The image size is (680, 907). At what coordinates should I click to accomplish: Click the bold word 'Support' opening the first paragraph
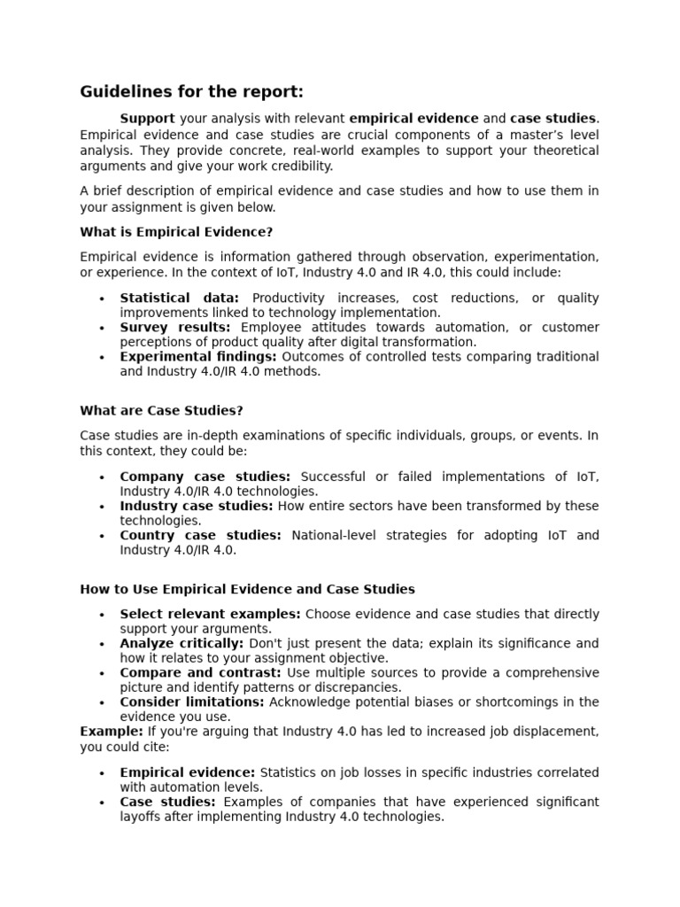pos(147,119)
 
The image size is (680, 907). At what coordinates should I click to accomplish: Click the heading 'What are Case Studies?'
pos(161,411)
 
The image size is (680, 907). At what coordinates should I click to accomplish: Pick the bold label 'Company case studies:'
pos(205,477)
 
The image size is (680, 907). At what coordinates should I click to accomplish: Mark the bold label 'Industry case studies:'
pos(197,507)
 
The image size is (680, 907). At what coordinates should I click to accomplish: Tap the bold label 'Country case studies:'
pos(200,536)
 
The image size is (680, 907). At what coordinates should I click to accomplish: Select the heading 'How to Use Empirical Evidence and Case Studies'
pos(247,589)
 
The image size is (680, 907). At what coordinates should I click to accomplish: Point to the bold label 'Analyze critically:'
pos(182,644)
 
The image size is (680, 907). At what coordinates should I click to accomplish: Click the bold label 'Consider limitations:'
pos(192,702)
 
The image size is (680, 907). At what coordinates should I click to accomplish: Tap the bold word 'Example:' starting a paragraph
pos(112,732)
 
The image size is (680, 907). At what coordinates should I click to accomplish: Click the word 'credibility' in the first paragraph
pos(301,166)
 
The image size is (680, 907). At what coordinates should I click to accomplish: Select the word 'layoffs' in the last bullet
pos(143,818)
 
